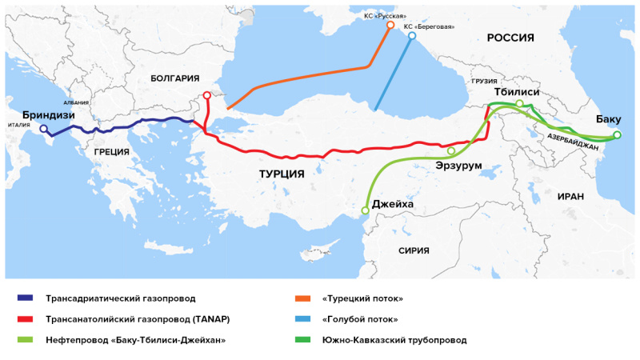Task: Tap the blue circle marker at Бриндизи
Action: tap(44, 129)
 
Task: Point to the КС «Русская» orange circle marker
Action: tap(390, 26)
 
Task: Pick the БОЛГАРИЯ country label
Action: tap(174, 78)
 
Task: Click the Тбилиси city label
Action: tap(518, 92)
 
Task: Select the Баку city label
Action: tap(608, 120)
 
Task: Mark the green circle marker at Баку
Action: tap(617, 135)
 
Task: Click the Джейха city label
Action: tap(393, 205)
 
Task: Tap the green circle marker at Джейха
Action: tap(366, 210)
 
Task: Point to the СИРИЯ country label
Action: tap(414, 250)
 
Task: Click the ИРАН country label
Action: tap(571, 196)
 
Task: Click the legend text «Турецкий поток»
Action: tap(362, 298)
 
